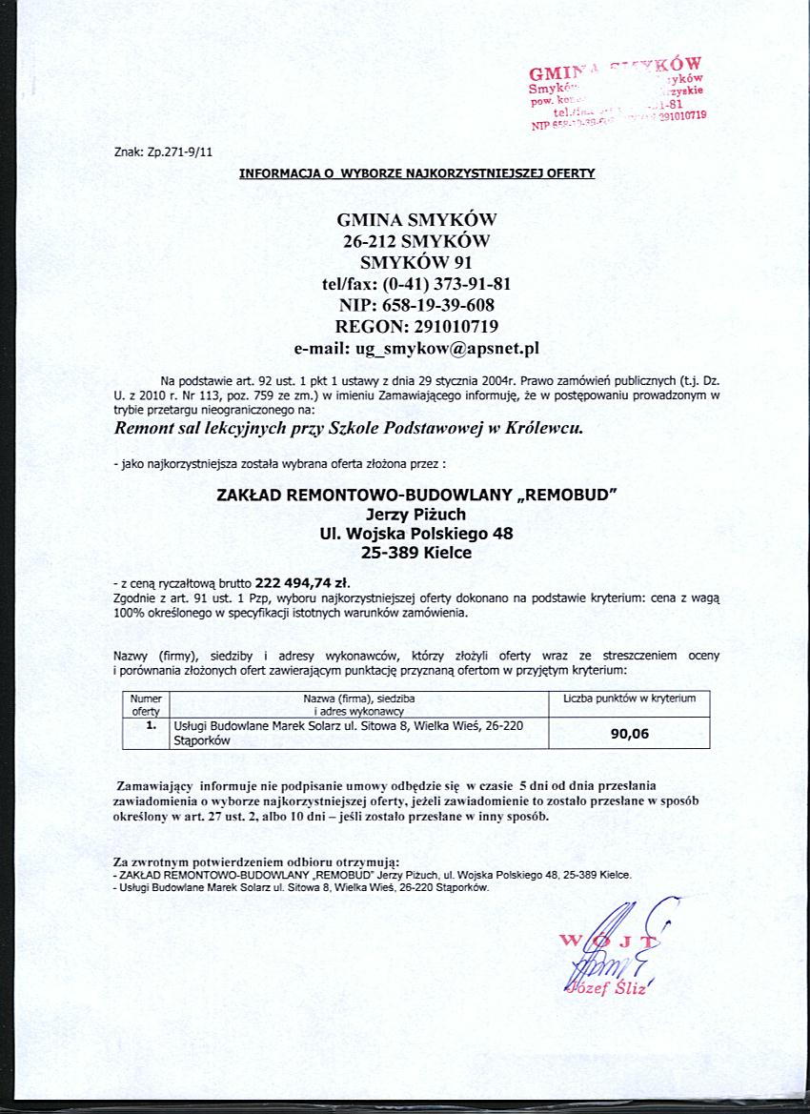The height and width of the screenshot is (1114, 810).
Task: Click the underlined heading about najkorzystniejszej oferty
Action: click(x=416, y=173)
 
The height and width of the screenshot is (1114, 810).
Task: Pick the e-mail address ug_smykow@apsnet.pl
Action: click(x=448, y=349)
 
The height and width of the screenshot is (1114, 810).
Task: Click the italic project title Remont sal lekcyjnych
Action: click(x=348, y=428)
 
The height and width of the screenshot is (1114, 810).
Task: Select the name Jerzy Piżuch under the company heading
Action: click(x=416, y=515)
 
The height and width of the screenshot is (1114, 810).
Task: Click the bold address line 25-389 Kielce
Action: click(x=416, y=552)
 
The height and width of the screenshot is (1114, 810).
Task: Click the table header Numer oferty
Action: click(x=146, y=705)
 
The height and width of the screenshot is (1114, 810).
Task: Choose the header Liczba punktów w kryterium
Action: click(x=630, y=699)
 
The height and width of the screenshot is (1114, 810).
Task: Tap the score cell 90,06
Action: click(x=630, y=734)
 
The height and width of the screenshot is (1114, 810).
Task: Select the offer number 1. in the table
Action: click(x=150, y=725)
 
